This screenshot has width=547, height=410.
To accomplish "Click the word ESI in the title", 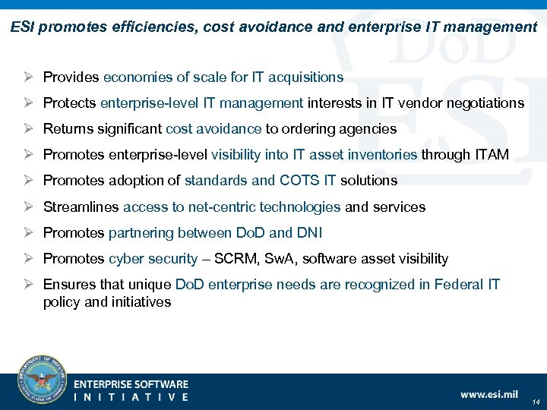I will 22,27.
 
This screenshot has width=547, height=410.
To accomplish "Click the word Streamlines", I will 81,207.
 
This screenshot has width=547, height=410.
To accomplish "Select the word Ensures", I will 69,285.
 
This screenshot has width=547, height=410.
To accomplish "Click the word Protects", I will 70,102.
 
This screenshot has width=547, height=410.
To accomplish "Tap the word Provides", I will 71,77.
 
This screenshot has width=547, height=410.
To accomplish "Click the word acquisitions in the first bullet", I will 305,77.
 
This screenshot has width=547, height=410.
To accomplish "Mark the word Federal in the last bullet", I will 458,285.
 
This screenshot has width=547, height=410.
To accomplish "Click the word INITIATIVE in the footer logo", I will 131,396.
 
